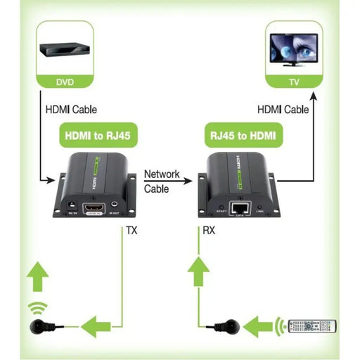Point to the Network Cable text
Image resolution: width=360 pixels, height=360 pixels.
click(x=162, y=181)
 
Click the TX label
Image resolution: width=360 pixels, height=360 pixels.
click(x=132, y=230)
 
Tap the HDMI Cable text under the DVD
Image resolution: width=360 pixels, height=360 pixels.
click(x=70, y=110)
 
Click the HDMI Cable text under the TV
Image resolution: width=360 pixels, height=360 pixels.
click(x=283, y=110)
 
